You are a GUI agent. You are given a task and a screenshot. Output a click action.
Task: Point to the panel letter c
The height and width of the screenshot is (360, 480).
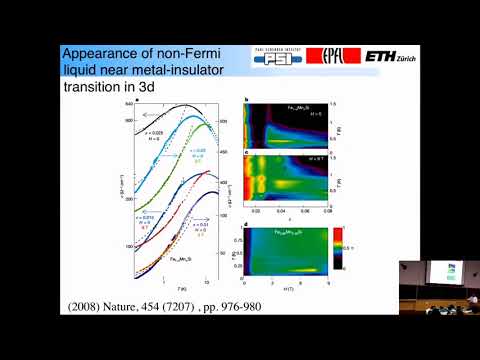tap(246, 151)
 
